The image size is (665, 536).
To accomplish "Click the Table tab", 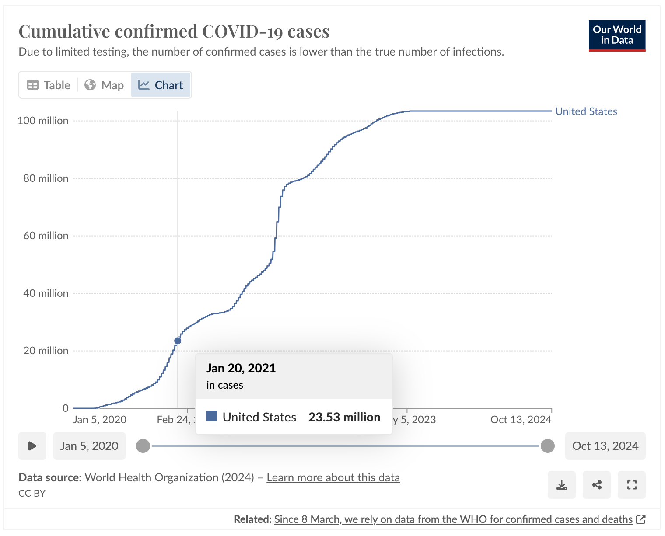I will (49, 85).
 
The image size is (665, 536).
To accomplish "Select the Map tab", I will (104, 85).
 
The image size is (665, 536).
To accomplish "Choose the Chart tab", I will (161, 85).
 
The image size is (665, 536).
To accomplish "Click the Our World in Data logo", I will (617, 35).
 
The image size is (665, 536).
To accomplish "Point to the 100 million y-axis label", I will (43, 121).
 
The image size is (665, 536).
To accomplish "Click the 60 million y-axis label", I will (46, 236).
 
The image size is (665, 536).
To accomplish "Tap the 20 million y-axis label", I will (46, 351).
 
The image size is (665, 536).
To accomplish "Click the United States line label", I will (586, 111).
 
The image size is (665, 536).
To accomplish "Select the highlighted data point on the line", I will (178, 341).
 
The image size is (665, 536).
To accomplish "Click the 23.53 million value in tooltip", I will (344, 417).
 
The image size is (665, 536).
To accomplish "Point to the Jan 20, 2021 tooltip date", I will (241, 368).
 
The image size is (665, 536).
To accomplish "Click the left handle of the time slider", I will (143, 446).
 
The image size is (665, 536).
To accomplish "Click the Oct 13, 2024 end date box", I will (605, 446).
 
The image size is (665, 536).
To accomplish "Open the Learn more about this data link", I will (333, 477).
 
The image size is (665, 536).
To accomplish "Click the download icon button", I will (562, 485).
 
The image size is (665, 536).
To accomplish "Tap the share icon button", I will (597, 485).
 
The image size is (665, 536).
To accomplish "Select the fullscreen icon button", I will (631, 485).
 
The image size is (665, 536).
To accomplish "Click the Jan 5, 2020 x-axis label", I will (100, 420).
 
